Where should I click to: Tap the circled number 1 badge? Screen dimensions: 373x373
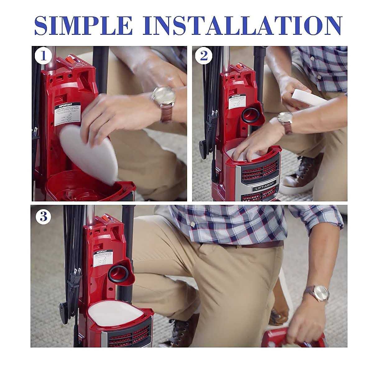pos(43,56)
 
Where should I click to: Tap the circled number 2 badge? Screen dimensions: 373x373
pos(204,56)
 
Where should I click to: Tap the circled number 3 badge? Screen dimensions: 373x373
pos(44,217)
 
